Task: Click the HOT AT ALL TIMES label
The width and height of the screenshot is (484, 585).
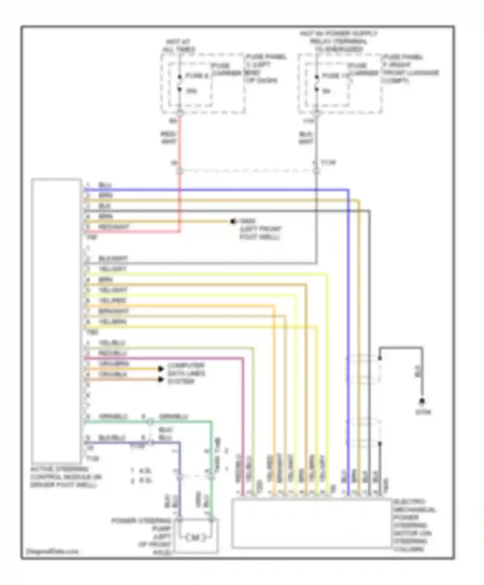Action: point(179,46)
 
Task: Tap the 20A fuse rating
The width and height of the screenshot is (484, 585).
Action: point(191,91)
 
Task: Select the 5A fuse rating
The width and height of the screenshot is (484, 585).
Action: point(327,91)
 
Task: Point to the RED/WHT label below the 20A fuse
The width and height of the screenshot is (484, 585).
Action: point(168,138)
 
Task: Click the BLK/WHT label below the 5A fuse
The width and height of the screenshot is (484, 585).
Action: point(306,138)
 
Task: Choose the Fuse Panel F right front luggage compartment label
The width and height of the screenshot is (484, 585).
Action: point(410,69)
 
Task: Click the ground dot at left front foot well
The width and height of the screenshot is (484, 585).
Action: point(233,222)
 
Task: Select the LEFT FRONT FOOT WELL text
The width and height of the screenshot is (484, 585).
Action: point(260,233)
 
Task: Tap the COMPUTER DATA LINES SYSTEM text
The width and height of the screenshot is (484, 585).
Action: point(186,373)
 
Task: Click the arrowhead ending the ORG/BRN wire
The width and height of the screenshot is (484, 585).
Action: point(161,369)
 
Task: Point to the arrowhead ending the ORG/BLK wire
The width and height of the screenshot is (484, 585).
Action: point(161,379)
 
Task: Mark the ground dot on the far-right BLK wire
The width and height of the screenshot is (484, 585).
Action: point(422,402)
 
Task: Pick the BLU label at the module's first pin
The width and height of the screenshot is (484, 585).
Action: point(105,185)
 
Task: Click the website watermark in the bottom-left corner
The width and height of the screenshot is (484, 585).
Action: point(52,551)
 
